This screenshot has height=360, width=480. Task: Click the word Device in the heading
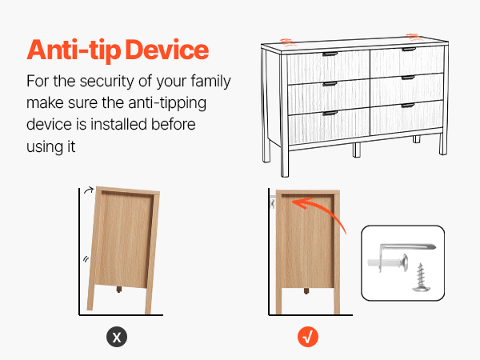167,50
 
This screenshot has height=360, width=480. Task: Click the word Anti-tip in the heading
74,50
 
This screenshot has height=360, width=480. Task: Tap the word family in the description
210,82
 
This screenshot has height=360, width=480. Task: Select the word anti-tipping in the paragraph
167,103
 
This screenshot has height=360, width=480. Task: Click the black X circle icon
117,337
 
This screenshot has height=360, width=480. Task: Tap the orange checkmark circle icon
308,337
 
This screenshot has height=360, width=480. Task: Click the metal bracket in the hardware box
402,256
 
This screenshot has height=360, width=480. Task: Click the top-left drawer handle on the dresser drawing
330,54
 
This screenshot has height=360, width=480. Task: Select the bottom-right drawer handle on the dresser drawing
408,106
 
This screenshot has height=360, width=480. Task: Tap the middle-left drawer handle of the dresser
330,84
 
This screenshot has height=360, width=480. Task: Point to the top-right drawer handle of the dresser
409,50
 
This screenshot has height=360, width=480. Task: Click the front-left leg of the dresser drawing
285,162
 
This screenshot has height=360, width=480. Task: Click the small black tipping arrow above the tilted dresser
89,190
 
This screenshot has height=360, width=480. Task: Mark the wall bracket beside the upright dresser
273,202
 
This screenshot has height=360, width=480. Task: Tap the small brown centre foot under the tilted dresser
119,290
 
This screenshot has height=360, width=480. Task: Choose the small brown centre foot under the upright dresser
306,291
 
